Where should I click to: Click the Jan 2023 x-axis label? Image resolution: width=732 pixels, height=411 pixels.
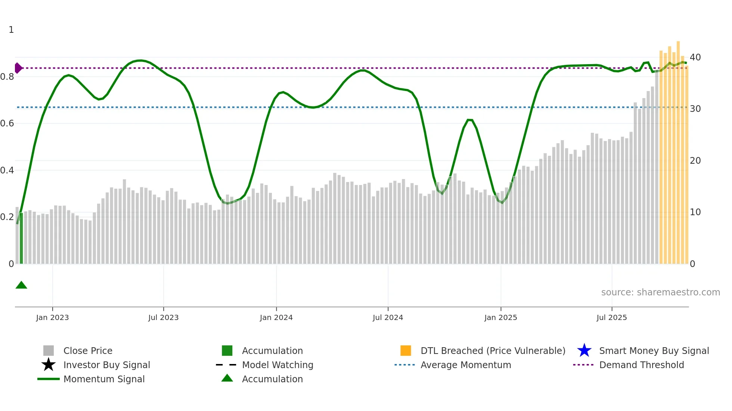[x=52, y=317]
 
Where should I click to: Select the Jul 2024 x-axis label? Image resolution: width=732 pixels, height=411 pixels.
[x=388, y=317]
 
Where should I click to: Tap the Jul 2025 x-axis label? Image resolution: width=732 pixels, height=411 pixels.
[x=611, y=317]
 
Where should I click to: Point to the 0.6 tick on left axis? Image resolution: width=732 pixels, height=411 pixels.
[x=7, y=123]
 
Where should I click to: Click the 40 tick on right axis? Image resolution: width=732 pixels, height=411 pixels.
[x=695, y=57]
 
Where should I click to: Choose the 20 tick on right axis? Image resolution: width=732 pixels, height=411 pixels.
[x=695, y=161]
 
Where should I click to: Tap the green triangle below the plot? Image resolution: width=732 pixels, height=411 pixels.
[x=21, y=285]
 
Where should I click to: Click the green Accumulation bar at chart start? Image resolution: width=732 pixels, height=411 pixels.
[x=21, y=239]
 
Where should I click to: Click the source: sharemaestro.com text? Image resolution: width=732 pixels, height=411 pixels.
[x=660, y=292]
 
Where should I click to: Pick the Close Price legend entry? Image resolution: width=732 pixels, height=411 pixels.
[x=88, y=351]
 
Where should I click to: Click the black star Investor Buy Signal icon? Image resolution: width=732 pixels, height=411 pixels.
[x=49, y=365]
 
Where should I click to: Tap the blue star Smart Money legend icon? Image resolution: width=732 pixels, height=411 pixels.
[x=584, y=351]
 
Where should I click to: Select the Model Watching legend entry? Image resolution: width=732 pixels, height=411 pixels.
[x=277, y=365]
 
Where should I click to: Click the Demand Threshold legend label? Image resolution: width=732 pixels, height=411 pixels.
[x=641, y=365]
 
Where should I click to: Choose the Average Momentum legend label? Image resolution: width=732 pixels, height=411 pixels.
[x=465, y=365]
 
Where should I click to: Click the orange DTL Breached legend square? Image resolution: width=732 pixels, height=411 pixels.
[x=406, y=351]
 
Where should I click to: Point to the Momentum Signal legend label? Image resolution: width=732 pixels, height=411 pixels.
[x=104, y=379]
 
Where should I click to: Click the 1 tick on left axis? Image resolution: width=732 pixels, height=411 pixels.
[x=11, y=30]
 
